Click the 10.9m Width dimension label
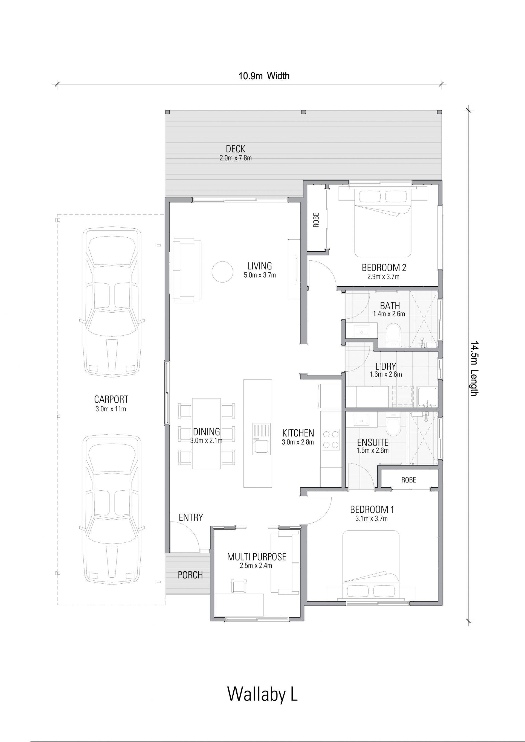tap(264, 76)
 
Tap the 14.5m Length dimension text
tap(474, 368)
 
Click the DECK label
tap(235, 149)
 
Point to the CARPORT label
tap(111, 399)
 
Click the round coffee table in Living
tap(222, 272)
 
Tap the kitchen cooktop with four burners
tap(330, 440)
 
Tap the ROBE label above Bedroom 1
tap(409, 480)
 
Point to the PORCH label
tap(190, 575)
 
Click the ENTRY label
tap(191, 517)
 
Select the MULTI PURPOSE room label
tap(257, 557)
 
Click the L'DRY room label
tap(386, 366)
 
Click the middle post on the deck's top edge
tap(303, 112)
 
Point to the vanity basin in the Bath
tap(360, 330)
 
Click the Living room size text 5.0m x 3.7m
tap(260, 275)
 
